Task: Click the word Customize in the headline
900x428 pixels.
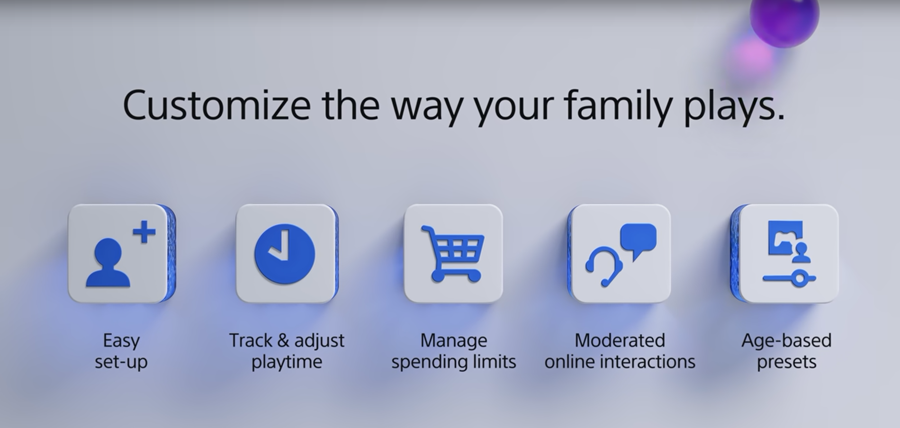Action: (216, 106)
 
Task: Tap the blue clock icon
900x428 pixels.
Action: (285, 254)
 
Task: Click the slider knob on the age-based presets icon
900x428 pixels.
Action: (800, 278)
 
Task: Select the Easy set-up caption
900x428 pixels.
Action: (121, 351)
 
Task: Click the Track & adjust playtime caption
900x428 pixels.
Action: (287, 351)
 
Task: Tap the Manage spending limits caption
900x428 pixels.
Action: (453, 351)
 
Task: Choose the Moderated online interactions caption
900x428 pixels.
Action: (620, 351)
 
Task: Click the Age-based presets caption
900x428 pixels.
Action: (786, 351)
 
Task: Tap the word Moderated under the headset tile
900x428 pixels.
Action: (620, 340)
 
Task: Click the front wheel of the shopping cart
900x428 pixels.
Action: (473, 276)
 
